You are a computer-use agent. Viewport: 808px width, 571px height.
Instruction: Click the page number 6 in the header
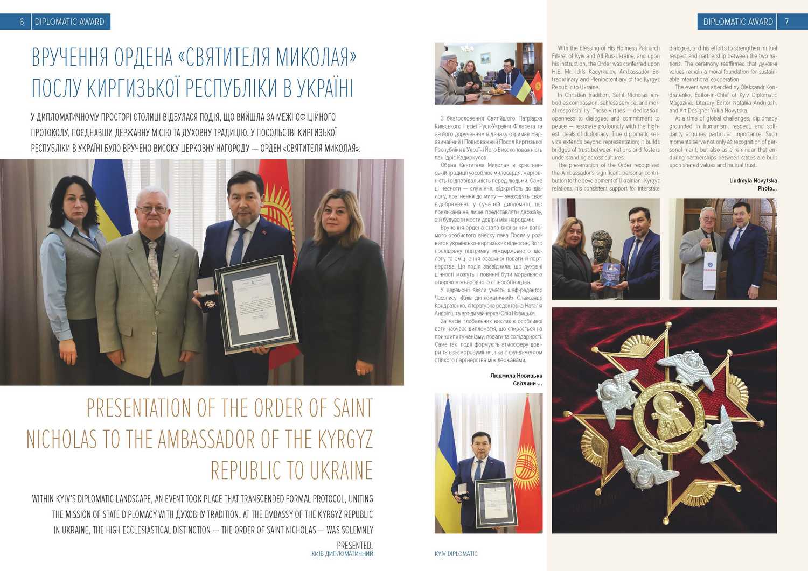point(22,22)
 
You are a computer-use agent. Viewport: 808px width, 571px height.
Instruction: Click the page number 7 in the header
point(786,22)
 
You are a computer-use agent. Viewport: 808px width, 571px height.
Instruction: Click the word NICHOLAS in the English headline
point(61,440)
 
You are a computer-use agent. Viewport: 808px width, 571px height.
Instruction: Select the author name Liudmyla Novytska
point(753,181)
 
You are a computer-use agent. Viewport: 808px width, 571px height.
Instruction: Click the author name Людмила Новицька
point(516,376)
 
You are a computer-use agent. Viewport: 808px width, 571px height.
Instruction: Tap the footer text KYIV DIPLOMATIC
point(456,553)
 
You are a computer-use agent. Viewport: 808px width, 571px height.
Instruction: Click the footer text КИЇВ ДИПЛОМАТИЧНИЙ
point(342,553)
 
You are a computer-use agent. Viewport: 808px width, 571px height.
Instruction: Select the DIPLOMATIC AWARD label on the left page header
point(69,22)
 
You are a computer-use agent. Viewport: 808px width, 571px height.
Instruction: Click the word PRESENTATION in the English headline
point(139,408)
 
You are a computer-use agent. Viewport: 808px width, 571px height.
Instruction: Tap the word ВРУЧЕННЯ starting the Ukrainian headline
point(62,58)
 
